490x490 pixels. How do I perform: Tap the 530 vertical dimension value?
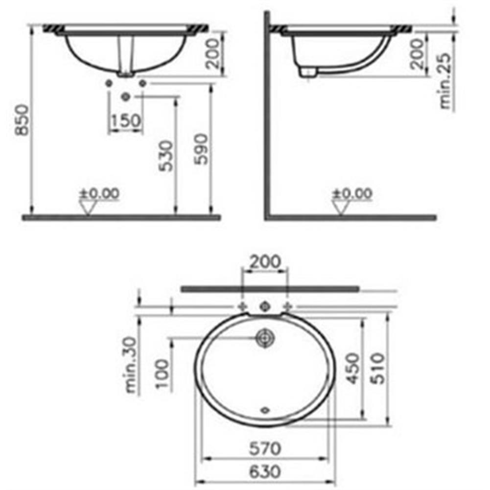tap(166, 156)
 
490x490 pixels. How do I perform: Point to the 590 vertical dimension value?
tap(202, 149)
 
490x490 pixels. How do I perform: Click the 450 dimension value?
tap(353, 368)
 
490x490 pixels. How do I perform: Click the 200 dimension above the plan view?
tap(265, 262)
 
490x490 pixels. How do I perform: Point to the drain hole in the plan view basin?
tap(265, 338)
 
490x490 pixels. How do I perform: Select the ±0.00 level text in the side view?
tap(352, 193)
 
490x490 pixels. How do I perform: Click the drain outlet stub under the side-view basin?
tap(307, 72)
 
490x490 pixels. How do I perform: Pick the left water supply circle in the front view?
tap(108, 84)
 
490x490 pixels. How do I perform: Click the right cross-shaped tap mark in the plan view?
tap(289, 306)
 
